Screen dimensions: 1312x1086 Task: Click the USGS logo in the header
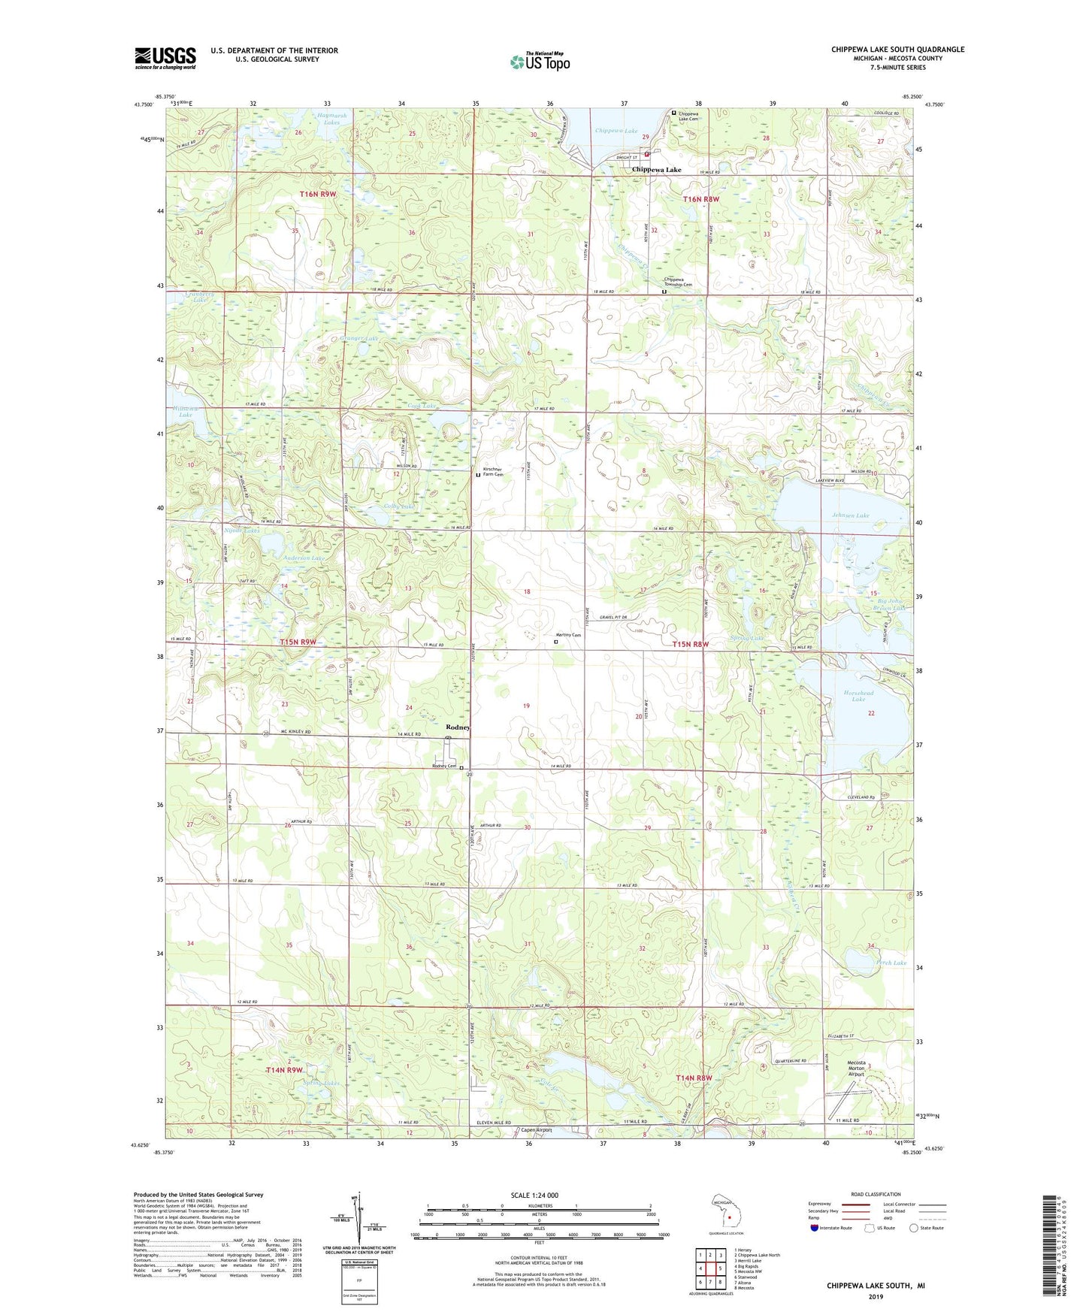coord(165,57)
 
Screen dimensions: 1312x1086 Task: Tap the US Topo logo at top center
coord(540,62)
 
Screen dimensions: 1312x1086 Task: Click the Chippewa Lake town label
coord(656,170)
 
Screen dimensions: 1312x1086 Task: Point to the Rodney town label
coord(458,727)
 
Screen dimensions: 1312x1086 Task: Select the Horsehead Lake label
coord(858,695)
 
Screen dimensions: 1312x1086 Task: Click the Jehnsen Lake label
coord(850,515)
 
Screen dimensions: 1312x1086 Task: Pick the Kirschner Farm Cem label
coord(493,472)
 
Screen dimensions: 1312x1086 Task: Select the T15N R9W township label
coord(298,642)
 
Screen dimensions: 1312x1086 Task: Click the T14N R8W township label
coord(693,1078)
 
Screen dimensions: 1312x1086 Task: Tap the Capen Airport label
coord(537,1130)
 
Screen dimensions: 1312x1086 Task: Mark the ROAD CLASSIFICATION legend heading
coord(876,1194)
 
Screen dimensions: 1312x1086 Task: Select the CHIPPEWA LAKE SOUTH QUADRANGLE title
coord(897,50)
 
